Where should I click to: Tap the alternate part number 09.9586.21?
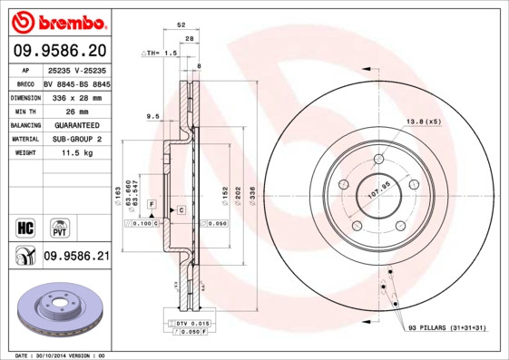click(76, 257)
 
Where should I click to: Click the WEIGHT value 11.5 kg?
click(78, 153)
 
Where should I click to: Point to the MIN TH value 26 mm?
click(77, 110)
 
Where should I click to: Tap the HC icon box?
click(24, 225)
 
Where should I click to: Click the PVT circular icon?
click(58, 226)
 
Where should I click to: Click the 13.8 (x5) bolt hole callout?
click(423, 122)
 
